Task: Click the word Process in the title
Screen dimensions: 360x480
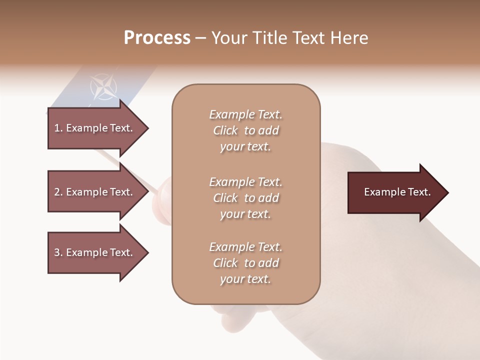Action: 157,38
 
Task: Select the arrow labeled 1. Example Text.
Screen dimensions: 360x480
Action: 95,128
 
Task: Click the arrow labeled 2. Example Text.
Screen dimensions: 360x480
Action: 95,192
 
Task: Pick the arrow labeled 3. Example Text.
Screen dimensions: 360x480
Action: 95,252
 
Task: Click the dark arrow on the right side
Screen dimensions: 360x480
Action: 395,192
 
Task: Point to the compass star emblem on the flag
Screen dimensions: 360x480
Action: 103,86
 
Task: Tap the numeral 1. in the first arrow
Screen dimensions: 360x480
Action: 58,128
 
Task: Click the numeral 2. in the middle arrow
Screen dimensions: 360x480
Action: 58,192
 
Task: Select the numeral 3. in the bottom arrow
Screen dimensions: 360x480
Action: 58,252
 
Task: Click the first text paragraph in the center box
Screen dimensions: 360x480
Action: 245,130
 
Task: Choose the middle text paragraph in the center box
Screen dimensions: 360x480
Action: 245,198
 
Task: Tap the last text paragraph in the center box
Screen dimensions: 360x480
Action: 245,263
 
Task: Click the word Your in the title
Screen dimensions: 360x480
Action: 227,38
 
